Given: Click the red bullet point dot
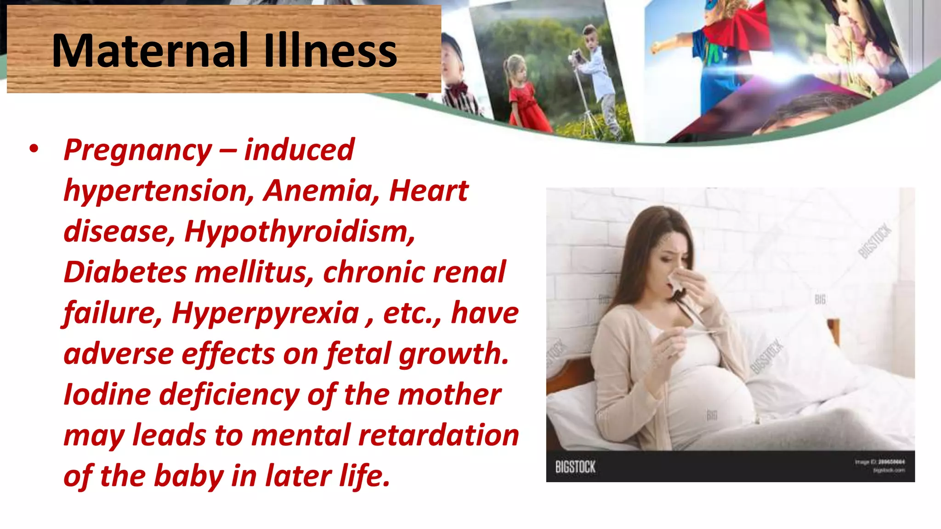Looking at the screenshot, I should click(x=34, y=149).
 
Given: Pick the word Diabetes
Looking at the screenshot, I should click(x=125, y=272).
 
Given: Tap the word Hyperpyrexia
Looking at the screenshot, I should click(x=265, y=313).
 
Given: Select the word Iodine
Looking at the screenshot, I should click(x=107, y=394).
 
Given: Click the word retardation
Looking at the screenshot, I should click(x=438, y=435).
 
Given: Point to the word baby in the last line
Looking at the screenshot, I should click(x=188, y=476).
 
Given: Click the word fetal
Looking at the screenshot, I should click(x=358, y=354).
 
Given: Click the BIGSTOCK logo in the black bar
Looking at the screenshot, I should click(x=575, y=467).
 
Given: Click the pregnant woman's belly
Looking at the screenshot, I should click(x=710, y=390).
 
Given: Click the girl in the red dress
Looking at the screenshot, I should click(x=524, y=96).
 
